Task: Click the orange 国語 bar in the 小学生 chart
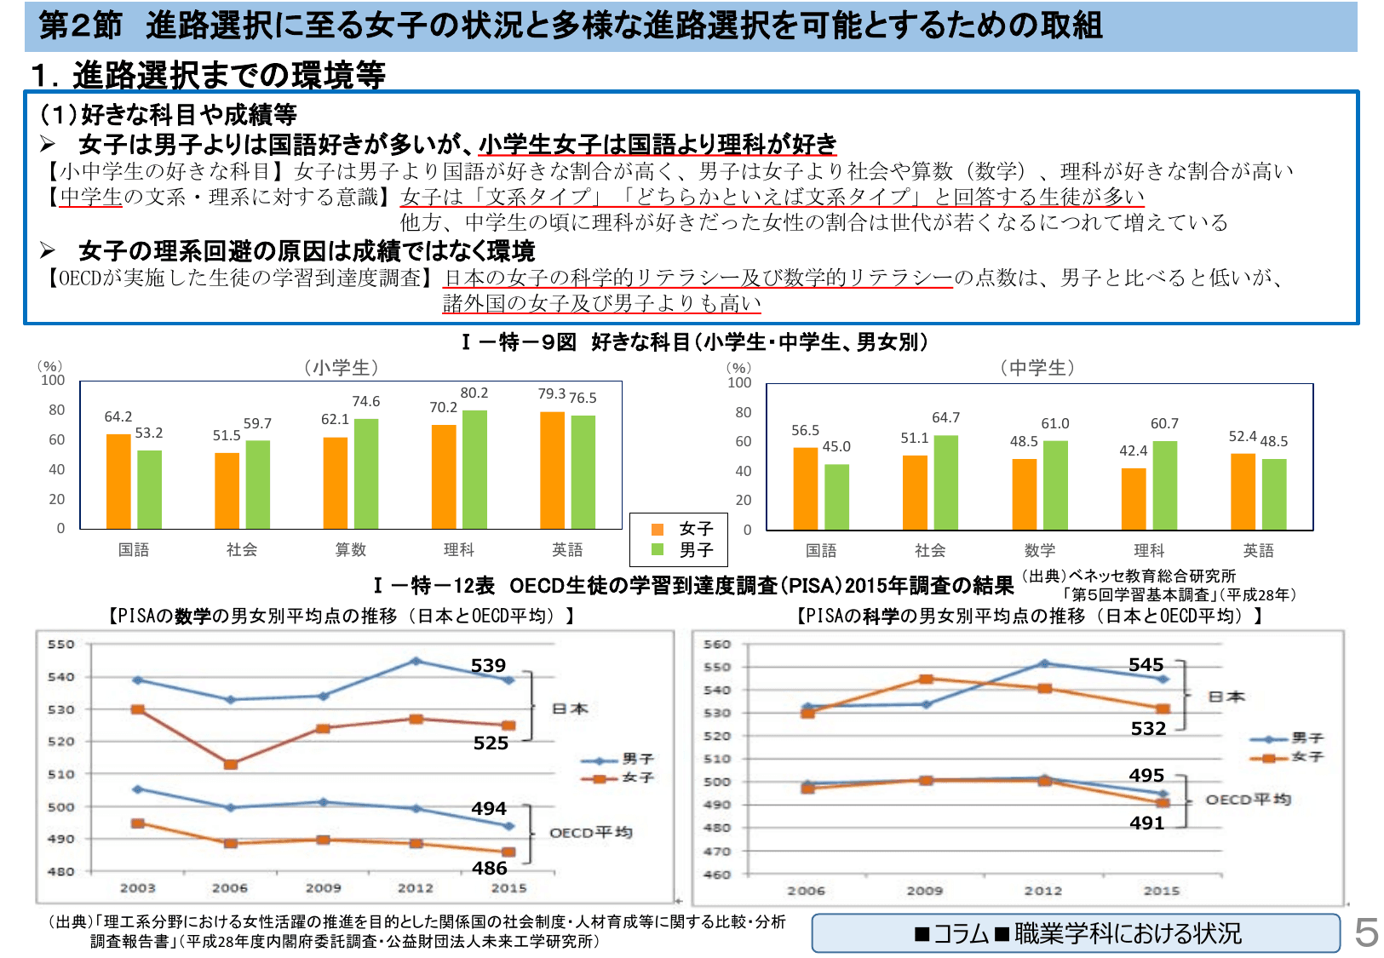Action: pyautogui.click(x=118, y=481)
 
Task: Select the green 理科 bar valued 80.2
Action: pyautogui.click(x=474, y=469)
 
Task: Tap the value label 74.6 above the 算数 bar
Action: pyautogui.click(x=366, y=401)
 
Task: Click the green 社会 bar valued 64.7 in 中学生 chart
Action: pyautogui.click(x=945, y=482)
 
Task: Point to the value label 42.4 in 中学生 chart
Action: pyautogui.click(x=1133, y=450)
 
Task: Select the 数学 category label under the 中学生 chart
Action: pyautogui.click(x=1039, y=550)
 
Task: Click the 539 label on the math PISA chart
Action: pyautogui.click(x=488, y=665)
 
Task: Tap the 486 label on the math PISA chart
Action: pyautogui.click(x=490, y=868)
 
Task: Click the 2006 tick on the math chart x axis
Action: pyautogui.click(x=230, y=888)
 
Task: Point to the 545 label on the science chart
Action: pyautogui.click(x=1146, y=664)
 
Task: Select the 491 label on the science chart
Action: pyautogui.click(x=1146, y=823)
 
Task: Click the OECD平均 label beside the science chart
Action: pyautogui.click(x=1248, y=800)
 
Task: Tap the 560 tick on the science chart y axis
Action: pyautogui.click(x=717, y=645)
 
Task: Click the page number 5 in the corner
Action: pyautogui.click(x=1366, y=933)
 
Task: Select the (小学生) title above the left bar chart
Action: pyautogui.click(x=341, y=367)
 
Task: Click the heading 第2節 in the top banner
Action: pyautogui.click(x=81, y=25)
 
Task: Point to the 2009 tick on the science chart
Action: pyautogui.click(x=924, y=891)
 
